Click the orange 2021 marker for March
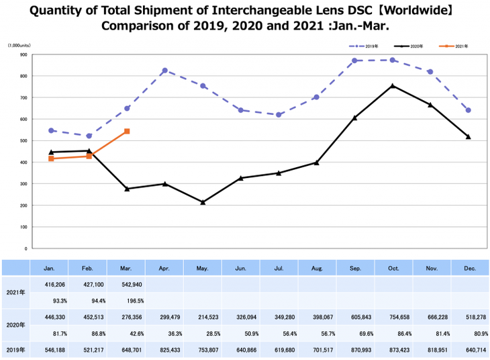[127, 132]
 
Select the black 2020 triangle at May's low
[203, 201]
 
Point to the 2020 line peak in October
[393, 85]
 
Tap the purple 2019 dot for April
[164, 71]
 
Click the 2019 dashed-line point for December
[468, 110]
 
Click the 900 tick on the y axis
[23, 54]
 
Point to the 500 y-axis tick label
[23, 140]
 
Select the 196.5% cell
[126, 300]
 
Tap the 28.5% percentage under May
[203, 333]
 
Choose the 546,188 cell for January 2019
[51, 350]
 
